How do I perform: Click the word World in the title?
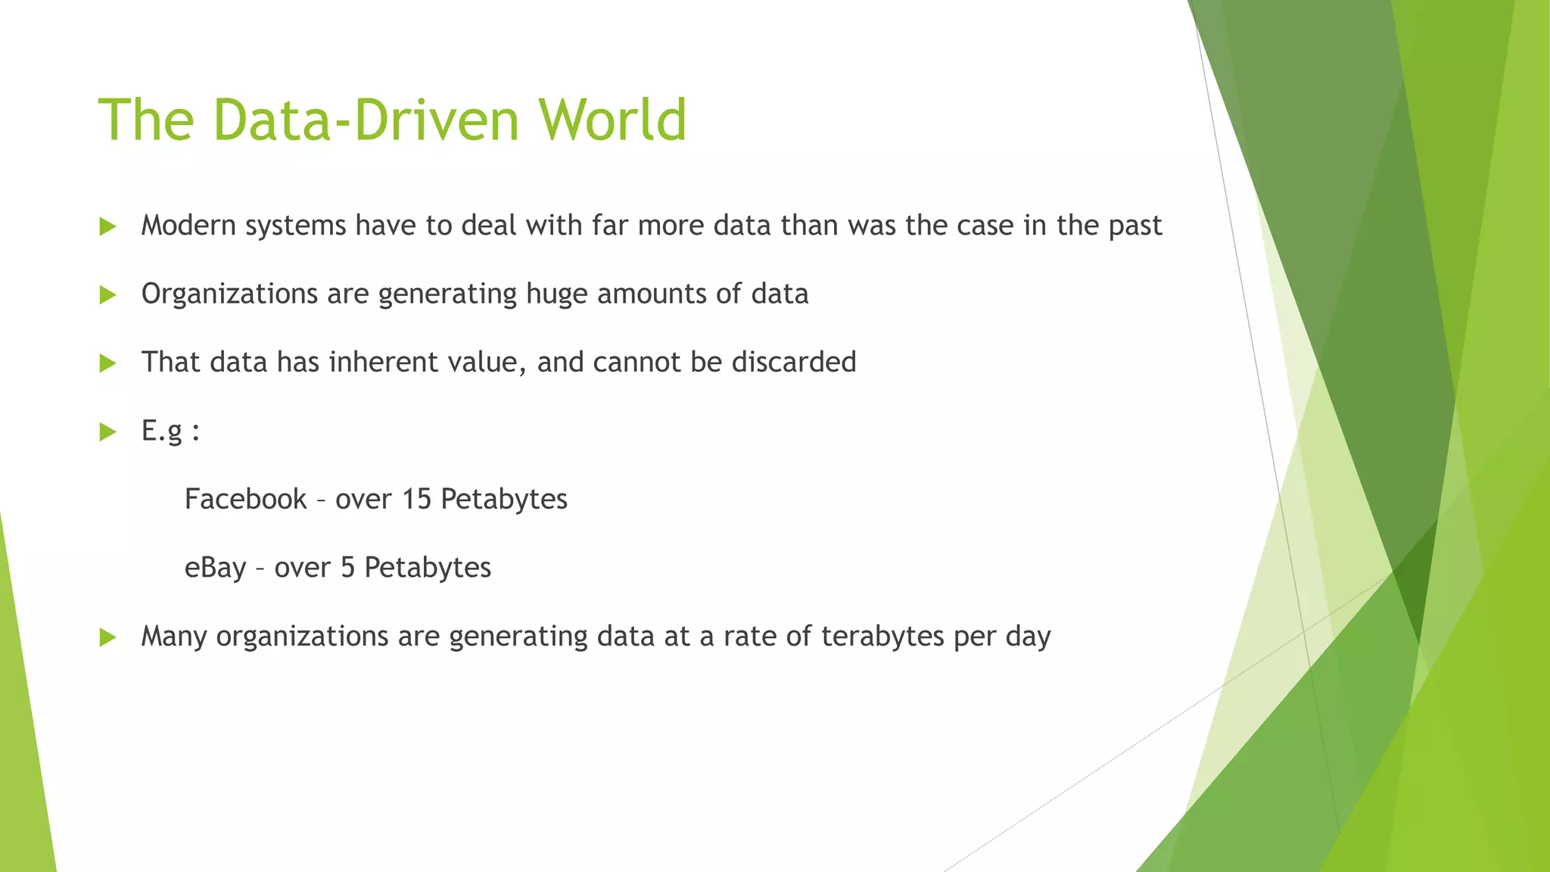pos(612,120)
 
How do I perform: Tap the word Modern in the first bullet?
pos(189,226)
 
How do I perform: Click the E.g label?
pos(163,431)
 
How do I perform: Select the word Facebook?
pos(245,500)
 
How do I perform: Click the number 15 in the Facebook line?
pos(416,500)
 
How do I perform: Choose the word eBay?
pos(215,568)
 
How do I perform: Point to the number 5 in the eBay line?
pos(347,568)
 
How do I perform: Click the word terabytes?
pos(882,637)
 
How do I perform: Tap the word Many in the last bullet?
pos(173,637)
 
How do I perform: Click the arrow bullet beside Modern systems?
pos(107,226)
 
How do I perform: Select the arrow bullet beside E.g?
pos(107,432)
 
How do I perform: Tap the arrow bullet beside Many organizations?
pos(107,637)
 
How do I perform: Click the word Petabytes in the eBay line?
pos(428,568)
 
